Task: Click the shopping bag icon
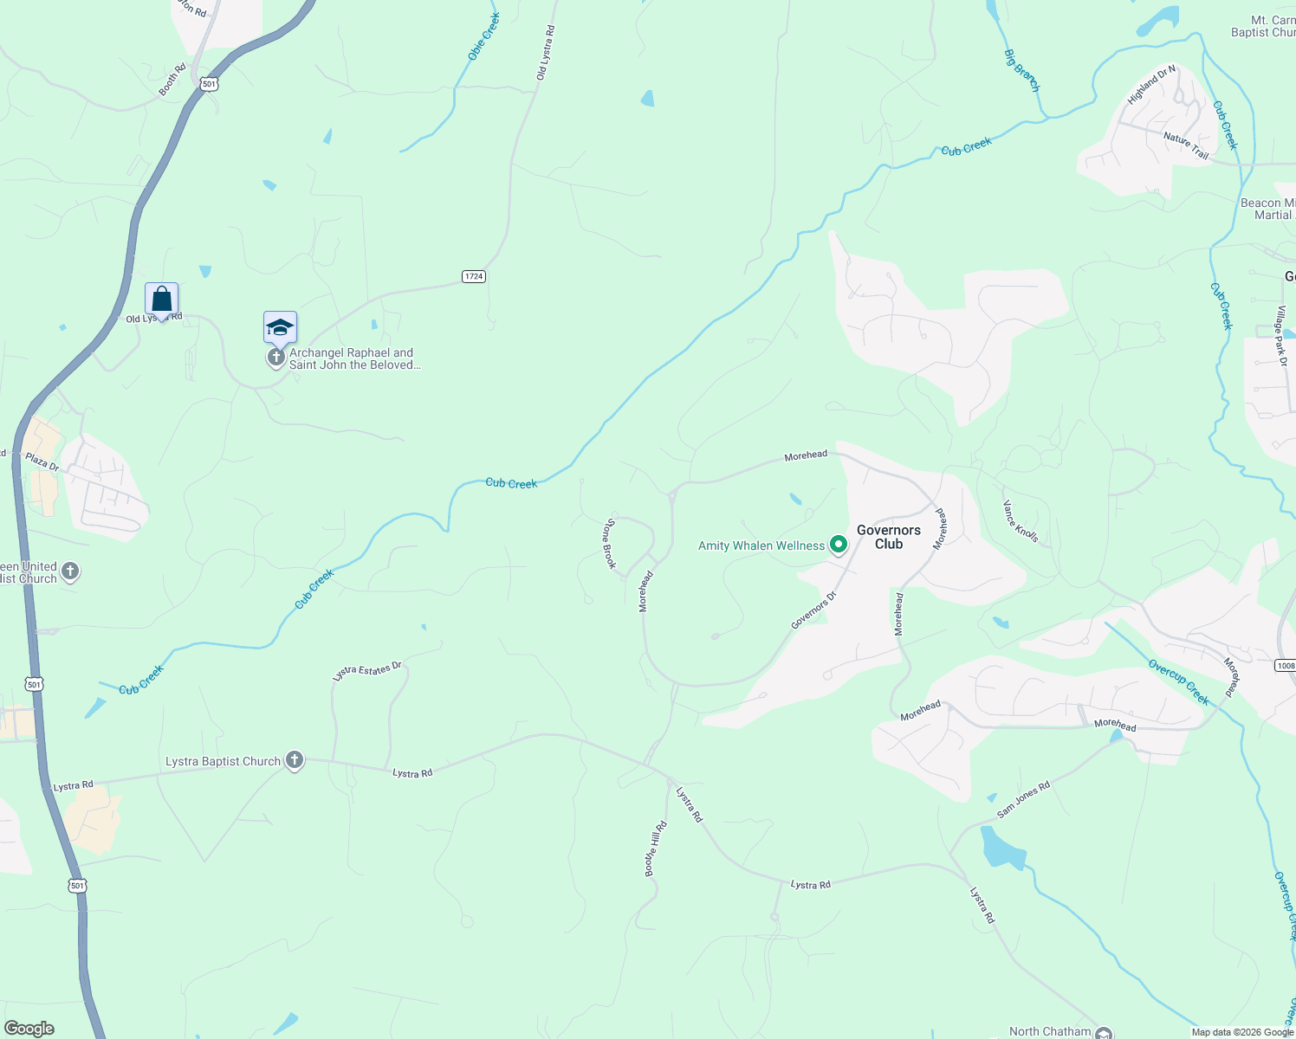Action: tap(162, 300)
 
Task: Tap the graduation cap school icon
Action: tap(280, 328)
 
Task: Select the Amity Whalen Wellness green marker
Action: tap(838, 545)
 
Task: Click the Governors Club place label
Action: tap(888, 537)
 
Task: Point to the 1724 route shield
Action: tap(473, 276)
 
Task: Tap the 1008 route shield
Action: tap(1286, 665)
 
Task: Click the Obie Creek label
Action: tap(484, 37)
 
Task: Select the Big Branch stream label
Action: tap(1021, 70)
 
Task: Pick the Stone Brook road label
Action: tap(609, 544)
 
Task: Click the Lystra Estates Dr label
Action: tap(367, 670)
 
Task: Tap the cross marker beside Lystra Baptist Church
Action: tap(295, 761)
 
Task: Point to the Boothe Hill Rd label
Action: tap(656, 849)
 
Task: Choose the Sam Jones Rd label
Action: tap(1023, 799)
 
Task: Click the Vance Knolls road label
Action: tap(1021, 521)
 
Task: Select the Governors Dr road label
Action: tap(813, 610)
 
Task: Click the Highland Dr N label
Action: tap(1151, 85)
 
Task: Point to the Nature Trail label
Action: tap(1186, 145)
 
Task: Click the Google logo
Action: tap(29, 1028)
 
